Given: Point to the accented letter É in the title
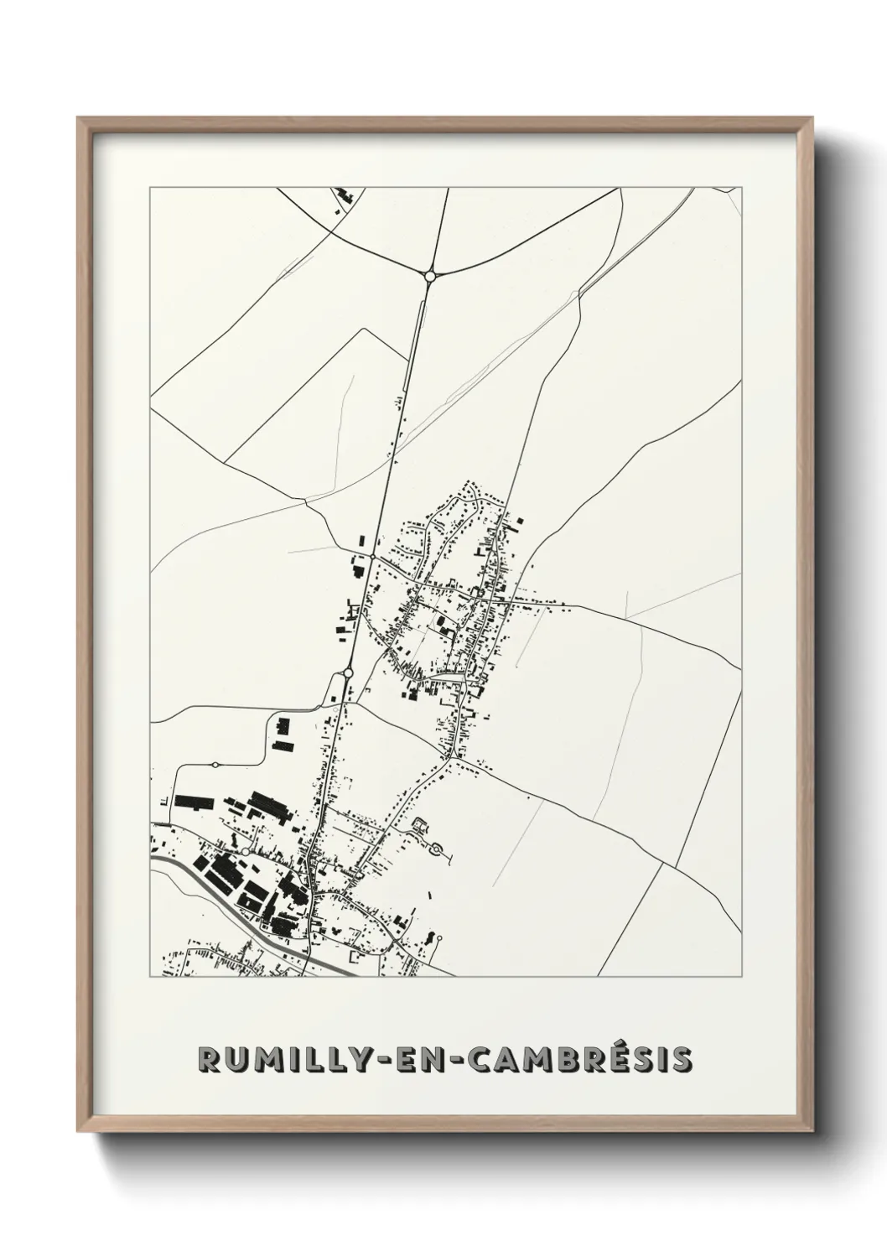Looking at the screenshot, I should (596, 1060).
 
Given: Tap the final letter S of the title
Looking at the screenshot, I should (682, 1060).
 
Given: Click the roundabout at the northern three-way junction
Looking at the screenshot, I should (429, 274).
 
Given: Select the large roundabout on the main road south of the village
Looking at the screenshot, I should (348, 672).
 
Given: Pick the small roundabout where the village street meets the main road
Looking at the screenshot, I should (371, 556).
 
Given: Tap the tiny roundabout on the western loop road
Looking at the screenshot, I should (215, 765).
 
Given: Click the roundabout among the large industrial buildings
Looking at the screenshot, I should (244, 851).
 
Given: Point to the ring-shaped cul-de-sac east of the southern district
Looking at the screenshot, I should (436, 851).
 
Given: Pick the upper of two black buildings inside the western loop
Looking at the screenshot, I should (283, 724).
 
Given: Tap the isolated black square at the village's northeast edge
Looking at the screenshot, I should (519, 522).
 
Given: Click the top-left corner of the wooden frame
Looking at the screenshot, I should (80, 120).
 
